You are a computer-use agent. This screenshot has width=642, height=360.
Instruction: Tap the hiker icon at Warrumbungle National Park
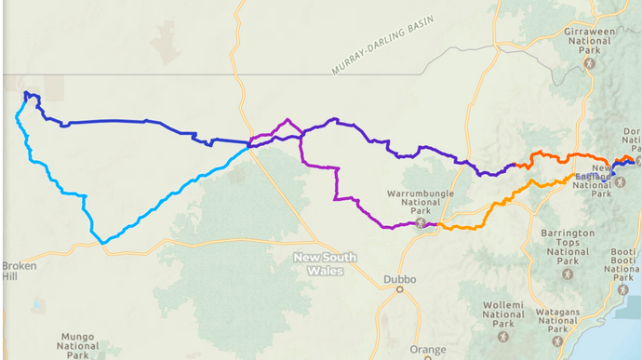[421, 222]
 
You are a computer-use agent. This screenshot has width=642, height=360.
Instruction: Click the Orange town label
[427, 351]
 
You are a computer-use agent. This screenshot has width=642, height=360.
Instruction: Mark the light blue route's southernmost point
[102, 243]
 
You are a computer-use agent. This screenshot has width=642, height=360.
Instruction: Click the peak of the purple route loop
[288, 119]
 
